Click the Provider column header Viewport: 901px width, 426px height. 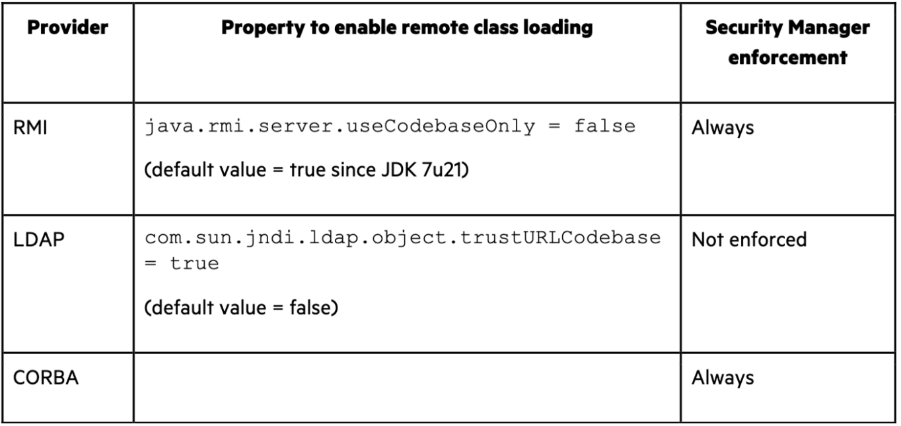pyautogui.click(x=67, y=29)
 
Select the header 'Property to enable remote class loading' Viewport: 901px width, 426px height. pyautogui.click(x=406, y=29)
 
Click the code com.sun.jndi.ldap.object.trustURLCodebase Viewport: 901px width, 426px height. pyautogui.click(x=403, y=238)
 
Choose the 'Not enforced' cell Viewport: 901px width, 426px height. pyautogui.click(x=749, y=239)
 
